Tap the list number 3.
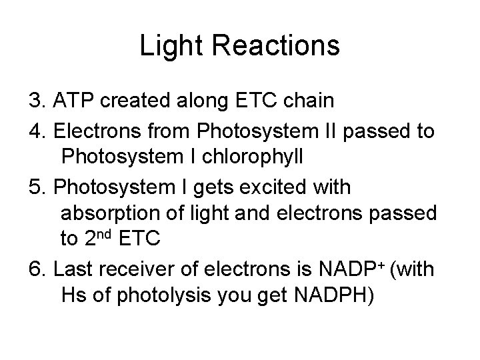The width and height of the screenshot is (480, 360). point(35,102)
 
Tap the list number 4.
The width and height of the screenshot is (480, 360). point(35,131)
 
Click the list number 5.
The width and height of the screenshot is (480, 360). point(35,187)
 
